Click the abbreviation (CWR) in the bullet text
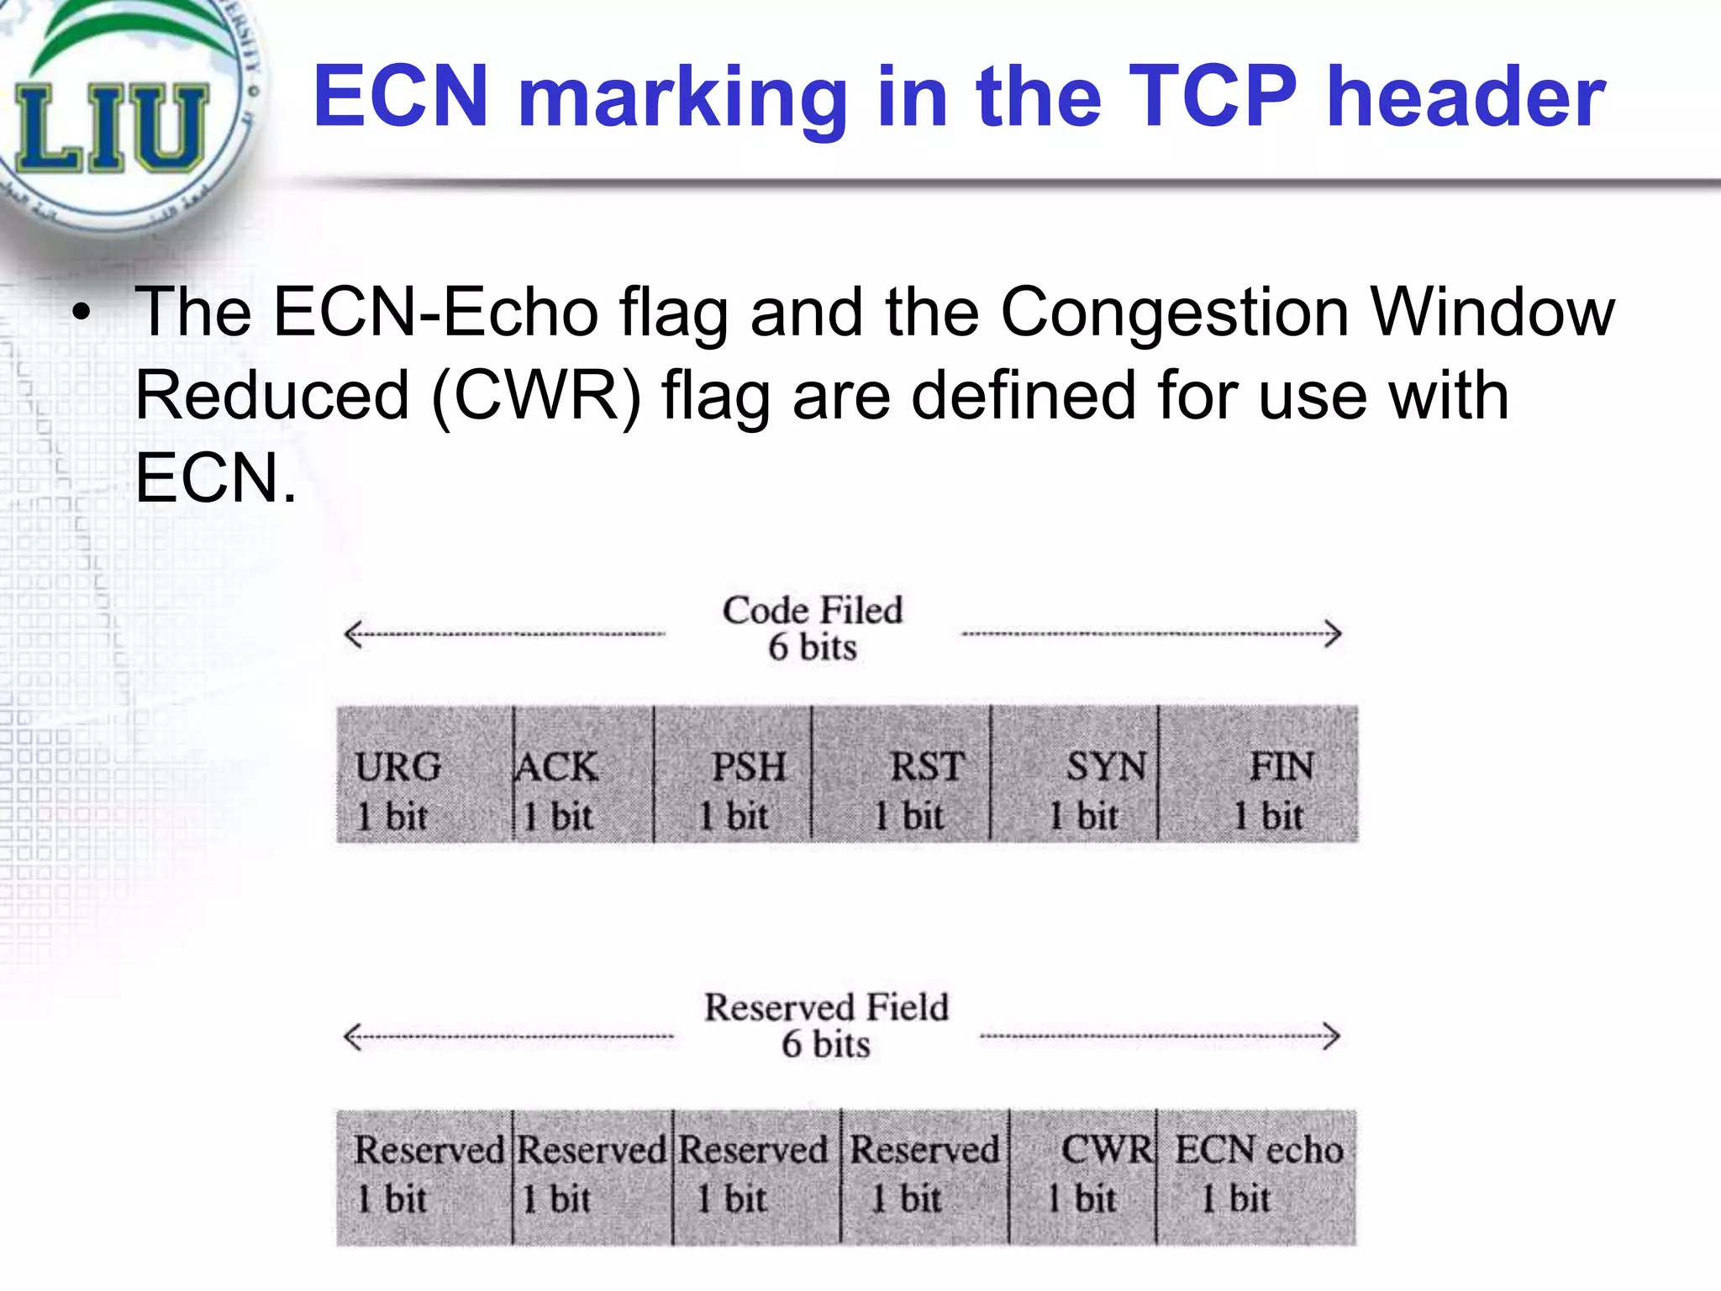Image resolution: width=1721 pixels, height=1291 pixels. point(536,395)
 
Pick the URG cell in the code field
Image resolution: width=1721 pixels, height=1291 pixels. point(424,774)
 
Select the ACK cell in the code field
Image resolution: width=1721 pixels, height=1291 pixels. point(583,774)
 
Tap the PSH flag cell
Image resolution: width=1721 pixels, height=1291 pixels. point(733,774)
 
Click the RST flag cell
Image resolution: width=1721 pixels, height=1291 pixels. point(902,774)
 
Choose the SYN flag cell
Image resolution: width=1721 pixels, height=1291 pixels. point(1075,774)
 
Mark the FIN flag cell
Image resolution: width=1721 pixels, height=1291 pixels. point(1257,774)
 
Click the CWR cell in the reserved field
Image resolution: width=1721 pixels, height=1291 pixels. point(1083,1177)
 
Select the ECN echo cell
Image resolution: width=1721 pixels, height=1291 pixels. point(1256,1177)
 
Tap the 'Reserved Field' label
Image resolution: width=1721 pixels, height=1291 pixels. point(826,1008)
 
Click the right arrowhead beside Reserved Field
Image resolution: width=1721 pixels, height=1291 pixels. point(1331,1035)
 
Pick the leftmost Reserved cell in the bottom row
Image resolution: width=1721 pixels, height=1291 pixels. point(424,1177)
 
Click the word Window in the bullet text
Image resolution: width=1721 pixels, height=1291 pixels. point(1492,312)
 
